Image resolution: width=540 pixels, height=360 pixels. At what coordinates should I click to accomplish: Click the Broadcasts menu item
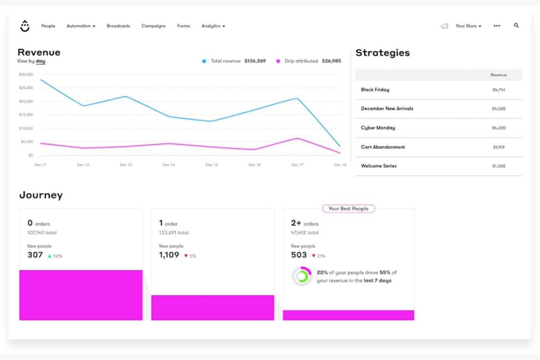coord(118,26)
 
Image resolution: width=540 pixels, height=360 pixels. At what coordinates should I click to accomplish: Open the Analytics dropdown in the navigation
coord(213,26)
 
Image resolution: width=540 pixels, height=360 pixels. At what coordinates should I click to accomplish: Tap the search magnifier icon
coord(516,26)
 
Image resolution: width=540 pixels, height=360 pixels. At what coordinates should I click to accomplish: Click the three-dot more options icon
coord(497,26)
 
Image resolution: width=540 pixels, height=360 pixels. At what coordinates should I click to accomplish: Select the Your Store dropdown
coord(468,26)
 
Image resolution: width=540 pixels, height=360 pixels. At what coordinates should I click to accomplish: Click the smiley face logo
coord(25,26)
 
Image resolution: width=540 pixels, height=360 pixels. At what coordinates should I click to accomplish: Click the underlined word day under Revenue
coord(40,61)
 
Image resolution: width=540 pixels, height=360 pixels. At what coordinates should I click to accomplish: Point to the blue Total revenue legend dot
coord(204,61)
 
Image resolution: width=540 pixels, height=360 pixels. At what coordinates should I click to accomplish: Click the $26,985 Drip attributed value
coord(331,61)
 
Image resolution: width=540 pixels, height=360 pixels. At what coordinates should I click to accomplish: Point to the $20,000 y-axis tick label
coord(26,101)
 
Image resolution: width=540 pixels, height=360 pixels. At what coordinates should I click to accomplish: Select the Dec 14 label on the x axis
coord(169,165)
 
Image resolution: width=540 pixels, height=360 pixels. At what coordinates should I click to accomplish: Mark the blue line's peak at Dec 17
coord(297,98)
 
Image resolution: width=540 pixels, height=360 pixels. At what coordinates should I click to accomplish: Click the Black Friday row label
coord(375,90)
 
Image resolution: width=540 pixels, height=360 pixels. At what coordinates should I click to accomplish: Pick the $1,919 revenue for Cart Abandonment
coord(498,147)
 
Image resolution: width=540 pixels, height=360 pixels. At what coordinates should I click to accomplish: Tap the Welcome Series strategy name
coord(379,166)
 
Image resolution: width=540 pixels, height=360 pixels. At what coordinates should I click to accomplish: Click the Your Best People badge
coord(348,209)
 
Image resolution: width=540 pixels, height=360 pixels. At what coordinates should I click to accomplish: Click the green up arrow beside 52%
coord(50,256)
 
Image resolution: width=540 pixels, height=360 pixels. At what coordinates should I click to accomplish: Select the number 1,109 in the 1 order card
coord(169,255)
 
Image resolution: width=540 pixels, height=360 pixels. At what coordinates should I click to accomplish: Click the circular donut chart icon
coord(302,276)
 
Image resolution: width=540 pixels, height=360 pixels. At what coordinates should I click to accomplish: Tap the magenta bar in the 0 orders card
coord(81,295)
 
